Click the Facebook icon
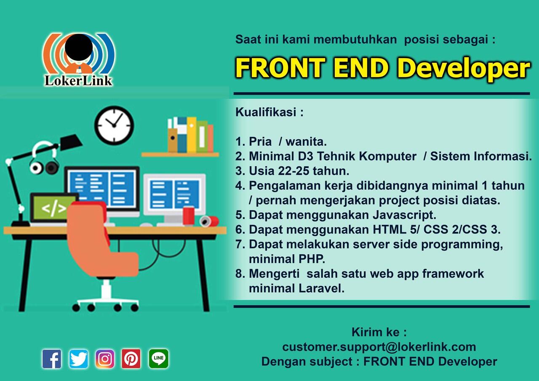(52, 359)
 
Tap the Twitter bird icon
(78, 359)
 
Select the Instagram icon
(105, 359)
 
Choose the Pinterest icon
(131, 359)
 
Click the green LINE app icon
(159, 359)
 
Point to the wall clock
(114, 125)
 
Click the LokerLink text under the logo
(78, 80)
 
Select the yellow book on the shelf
(192, 135)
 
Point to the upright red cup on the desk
(189, 216)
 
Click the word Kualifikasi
(266, 112)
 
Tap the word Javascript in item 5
(404, 215)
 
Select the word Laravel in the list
(321, 288)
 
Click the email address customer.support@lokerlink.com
(379, 347)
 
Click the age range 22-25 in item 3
(294, 171)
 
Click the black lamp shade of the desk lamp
(71, 142)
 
